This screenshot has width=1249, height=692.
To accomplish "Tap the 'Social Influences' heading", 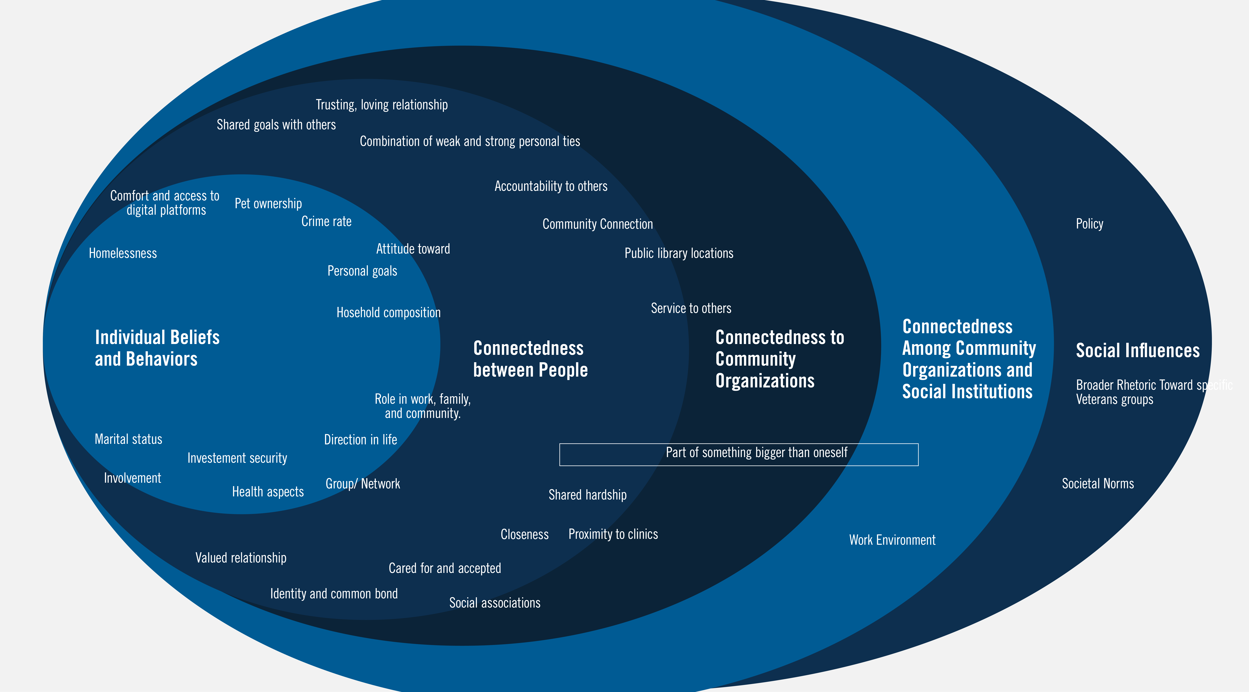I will pos(1137,350).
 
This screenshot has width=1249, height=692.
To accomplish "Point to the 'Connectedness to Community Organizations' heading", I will pos(779,359).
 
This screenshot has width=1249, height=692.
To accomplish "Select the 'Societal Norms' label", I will pos(1098,484).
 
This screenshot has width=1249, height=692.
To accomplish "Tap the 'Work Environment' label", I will pos(892,540).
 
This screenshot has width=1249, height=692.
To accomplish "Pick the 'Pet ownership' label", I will pos(268,204).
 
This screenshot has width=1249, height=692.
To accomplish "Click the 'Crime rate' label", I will pos(326,222).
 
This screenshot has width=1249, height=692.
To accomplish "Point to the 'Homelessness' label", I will pos(123,253).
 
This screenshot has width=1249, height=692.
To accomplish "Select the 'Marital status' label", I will pos(129,439).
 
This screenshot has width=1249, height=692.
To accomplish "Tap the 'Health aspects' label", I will pos(268,492).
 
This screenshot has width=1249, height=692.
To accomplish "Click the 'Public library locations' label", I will pos(679,253).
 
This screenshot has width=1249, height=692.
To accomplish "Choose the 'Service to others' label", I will pos(691,308).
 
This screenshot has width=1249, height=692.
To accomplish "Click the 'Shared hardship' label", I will pos(587,495).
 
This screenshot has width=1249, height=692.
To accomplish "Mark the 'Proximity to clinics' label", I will pos(613,534).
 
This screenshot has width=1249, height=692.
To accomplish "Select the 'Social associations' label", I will pos(495,603).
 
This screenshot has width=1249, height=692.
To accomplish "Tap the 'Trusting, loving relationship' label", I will pos(382,105).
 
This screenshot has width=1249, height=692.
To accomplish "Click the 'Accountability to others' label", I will pos(551,186).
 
